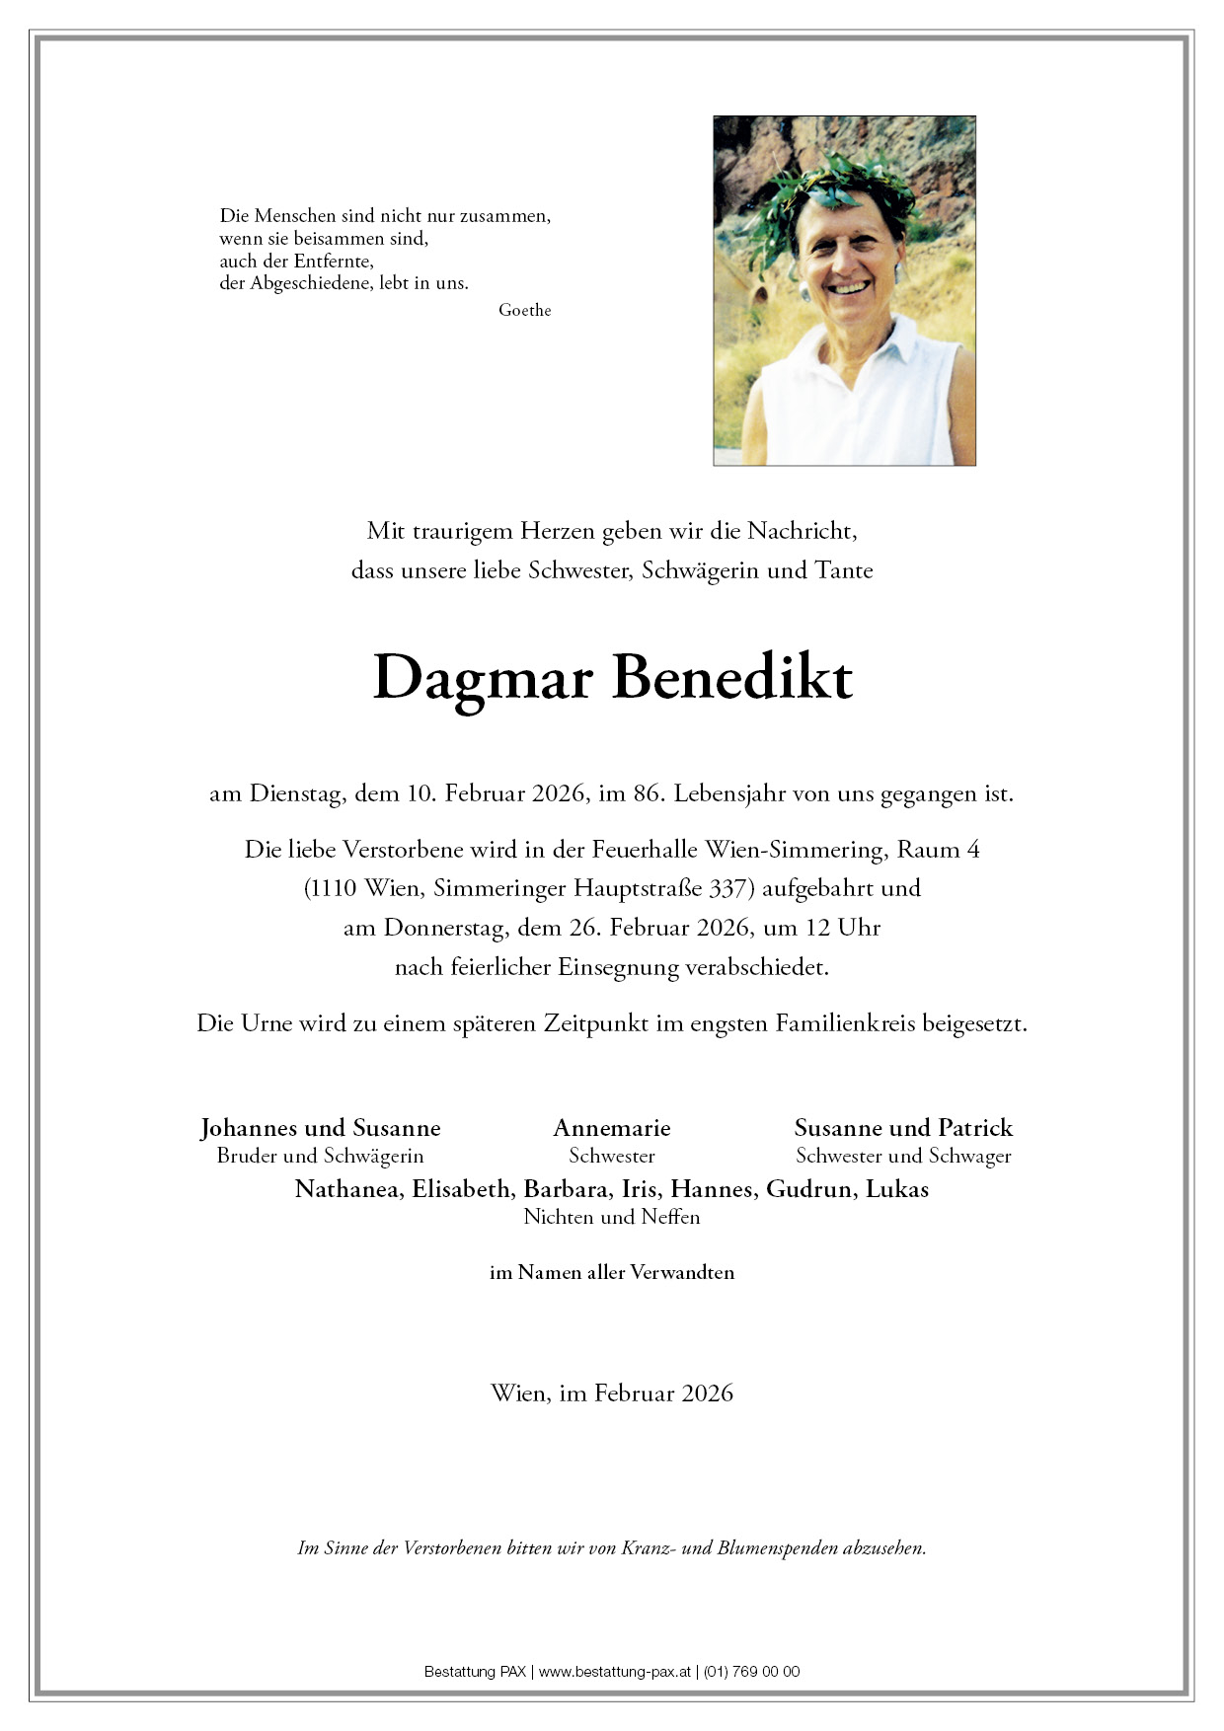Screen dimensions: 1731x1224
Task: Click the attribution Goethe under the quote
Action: pos(524,310)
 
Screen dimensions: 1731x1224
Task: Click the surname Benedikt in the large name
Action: pos(731,678)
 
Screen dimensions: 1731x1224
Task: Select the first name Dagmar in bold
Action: pos(483,678)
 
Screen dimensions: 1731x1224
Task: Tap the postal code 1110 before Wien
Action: pos(334,888)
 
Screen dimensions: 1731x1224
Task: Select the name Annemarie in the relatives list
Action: pos(612,1128)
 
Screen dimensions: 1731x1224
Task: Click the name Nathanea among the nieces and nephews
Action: pos(348,1189)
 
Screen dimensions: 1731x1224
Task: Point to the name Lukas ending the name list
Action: pos(897,1189)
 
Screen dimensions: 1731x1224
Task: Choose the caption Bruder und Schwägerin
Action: pos(320,1156)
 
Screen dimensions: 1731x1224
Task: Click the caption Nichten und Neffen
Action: pos(612,1217)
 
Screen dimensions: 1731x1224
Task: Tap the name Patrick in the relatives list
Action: pos(975,1128)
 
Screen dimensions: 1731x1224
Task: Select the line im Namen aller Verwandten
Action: pos(612,1273)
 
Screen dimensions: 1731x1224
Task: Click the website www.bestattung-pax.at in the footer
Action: pos(614,1672)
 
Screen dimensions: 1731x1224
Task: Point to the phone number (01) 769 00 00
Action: pos(752,1672)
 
